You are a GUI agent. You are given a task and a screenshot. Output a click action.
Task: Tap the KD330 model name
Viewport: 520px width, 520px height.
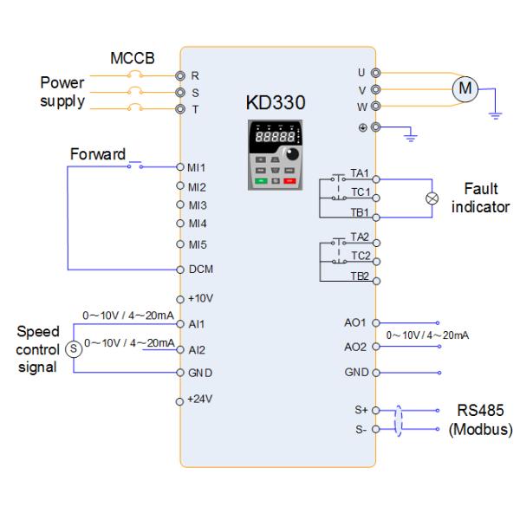(x=276, y=103)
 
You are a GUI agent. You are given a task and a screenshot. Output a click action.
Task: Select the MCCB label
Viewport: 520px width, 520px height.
(x=131, y=58)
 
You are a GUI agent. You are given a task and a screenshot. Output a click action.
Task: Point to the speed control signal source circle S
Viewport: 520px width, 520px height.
(x=73, y=348)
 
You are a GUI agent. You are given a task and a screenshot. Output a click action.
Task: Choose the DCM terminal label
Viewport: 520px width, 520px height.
(x=200, y=270)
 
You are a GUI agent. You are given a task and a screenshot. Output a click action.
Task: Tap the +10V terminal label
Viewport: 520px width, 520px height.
(x=199, y=297)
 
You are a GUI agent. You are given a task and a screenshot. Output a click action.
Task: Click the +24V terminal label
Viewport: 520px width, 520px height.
(x=199, y=400)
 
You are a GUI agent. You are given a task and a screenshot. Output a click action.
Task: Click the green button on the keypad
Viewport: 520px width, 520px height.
(x=260, y=180)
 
